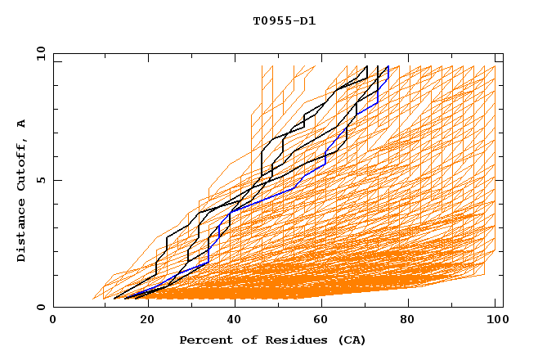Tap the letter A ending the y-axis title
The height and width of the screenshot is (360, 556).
21,124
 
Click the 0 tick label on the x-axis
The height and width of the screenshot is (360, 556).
53,320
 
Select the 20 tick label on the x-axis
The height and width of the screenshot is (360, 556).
142,320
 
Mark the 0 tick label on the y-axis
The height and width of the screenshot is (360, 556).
40,308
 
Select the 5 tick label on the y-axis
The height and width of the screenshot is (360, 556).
40,180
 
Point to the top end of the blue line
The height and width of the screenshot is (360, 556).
388,67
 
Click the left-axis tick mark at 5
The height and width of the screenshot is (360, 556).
56,180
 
